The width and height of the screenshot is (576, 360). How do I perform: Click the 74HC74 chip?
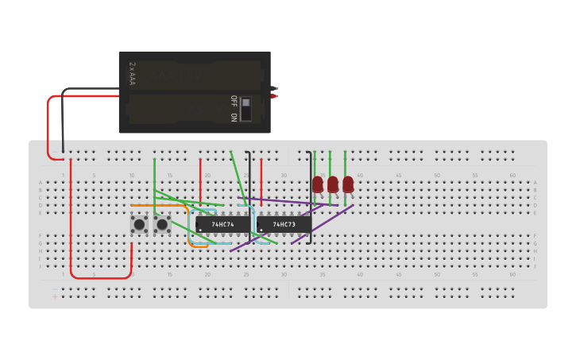tap(222, 225)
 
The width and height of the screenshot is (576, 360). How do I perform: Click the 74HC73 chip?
tap(284, 225)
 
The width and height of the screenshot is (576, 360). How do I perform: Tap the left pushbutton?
tap(139, 225)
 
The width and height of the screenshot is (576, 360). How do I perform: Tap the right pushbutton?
tap(162, 225)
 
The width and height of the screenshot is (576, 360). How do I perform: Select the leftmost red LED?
tap(318, 184)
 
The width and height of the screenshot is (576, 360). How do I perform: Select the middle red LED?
tap(333, 184)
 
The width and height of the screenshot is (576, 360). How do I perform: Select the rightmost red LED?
tap(348, 184)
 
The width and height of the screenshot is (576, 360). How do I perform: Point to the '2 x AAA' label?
tap(132, 74)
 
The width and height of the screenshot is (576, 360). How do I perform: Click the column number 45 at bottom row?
tap(398, 275)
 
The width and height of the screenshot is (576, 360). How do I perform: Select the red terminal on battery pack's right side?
tap(274, 96)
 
